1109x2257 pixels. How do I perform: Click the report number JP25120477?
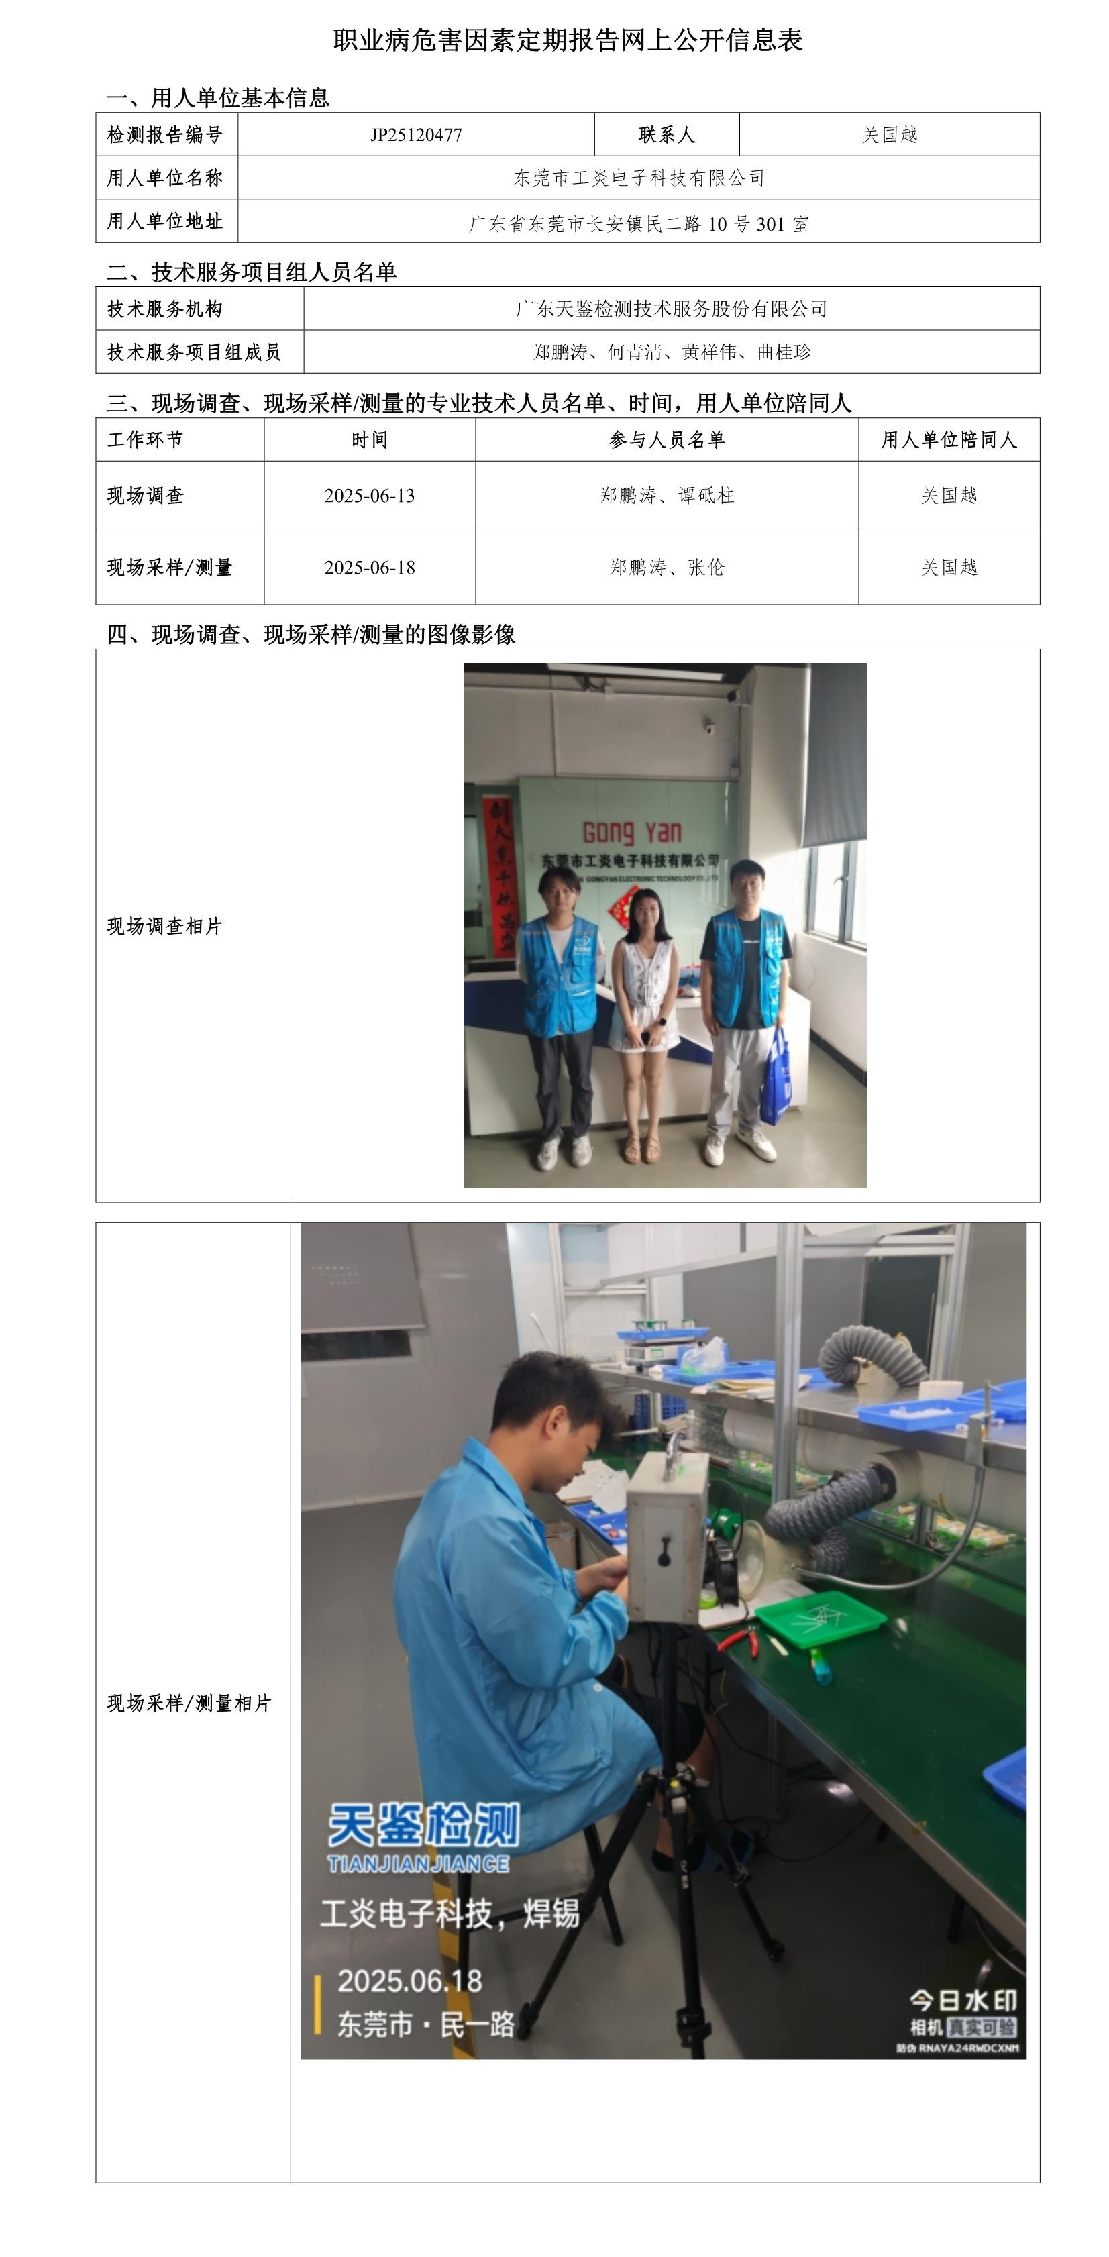[415, 135]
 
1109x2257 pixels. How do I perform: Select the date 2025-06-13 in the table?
[370, 496]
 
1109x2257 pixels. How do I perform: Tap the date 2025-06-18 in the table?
[370, 568]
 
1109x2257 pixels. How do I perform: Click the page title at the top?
[568, 40]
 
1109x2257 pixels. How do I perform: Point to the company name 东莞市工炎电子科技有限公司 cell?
[639, 178]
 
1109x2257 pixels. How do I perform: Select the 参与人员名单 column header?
[667, 440]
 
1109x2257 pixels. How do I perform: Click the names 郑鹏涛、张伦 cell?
[667, 568]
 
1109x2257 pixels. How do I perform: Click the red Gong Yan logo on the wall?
[631, 831]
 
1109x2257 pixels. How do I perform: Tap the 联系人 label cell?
[667, 135]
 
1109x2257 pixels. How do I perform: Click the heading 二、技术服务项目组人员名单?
[252, 272]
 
